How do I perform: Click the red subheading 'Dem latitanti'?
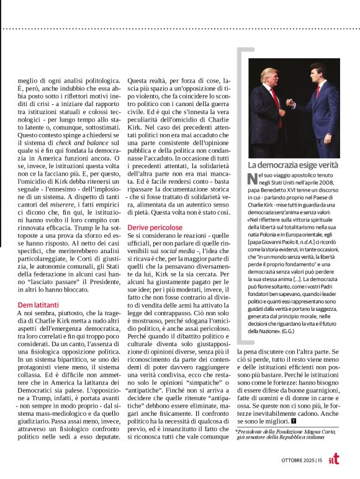click(x=37, y=305)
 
